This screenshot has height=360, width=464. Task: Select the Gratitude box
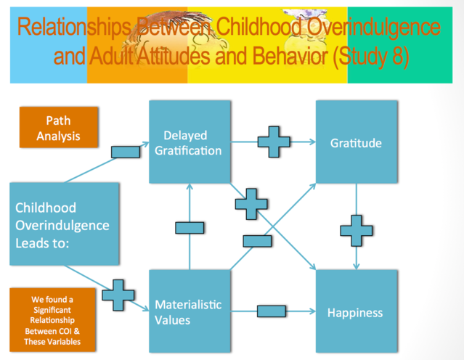[356, 142]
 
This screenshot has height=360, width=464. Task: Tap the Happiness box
[356, 312]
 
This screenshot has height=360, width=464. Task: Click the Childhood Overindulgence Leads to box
[64, 225]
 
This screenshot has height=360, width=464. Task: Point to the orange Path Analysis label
[58, 127]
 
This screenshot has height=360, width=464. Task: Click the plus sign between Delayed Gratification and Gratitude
[274, 142]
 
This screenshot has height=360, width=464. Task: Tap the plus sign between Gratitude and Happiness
[357, 229]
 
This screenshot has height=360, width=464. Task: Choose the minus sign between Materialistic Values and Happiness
[272, 311]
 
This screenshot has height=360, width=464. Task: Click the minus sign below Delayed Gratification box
[190, 227]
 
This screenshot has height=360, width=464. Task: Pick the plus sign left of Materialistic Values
[118, 295]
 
